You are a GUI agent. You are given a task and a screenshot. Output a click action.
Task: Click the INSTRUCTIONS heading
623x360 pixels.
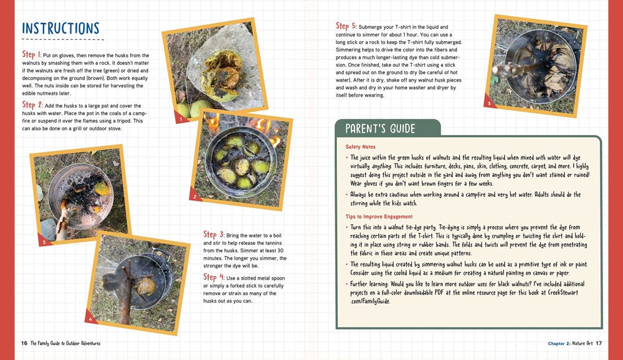(60, 29)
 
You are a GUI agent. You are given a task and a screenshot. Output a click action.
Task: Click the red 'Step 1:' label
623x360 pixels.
(32, 55)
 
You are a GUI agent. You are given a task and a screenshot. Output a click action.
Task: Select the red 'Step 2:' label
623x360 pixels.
(32, 105)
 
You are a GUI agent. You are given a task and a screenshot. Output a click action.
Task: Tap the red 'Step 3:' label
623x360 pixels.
(214, 235)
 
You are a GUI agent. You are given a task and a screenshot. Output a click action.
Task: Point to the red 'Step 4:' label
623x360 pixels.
(214, 277)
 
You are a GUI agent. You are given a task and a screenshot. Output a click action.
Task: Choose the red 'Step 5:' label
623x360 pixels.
(346, 26)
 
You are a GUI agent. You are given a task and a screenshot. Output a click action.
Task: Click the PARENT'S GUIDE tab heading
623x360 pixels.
(381, 129)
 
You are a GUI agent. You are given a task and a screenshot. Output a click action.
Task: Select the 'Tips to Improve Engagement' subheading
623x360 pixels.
(379, 216)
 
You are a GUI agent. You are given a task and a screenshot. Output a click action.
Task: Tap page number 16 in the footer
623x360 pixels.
(24, 343)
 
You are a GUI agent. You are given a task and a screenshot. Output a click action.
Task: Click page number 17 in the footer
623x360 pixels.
(599, 343)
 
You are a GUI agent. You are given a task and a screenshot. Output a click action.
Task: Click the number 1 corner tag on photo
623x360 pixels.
(181, 118)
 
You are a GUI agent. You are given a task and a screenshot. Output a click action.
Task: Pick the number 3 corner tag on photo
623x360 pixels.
(43, 241)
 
